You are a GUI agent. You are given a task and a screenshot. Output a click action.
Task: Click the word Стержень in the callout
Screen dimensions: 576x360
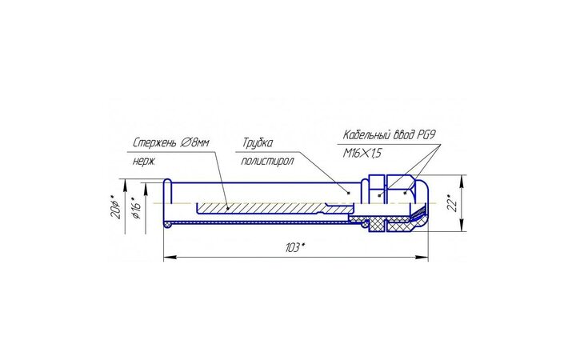[154, 142]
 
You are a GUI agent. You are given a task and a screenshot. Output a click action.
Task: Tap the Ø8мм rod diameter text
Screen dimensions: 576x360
[194, 142]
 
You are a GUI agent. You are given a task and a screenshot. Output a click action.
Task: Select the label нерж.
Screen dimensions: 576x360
[144, 162]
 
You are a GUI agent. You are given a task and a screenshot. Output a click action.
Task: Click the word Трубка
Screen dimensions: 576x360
[258, 142]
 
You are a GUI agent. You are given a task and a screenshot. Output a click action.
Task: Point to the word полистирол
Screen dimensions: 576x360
[267, 161]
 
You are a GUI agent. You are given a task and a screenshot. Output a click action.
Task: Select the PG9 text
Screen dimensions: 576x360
[426, 134]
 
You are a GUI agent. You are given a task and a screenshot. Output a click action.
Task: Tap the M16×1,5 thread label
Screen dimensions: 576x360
[362, 153]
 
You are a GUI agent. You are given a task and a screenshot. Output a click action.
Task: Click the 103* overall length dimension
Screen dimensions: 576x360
[295, 247]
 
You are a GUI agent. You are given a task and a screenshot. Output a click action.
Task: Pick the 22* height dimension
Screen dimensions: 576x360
[454, 203]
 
